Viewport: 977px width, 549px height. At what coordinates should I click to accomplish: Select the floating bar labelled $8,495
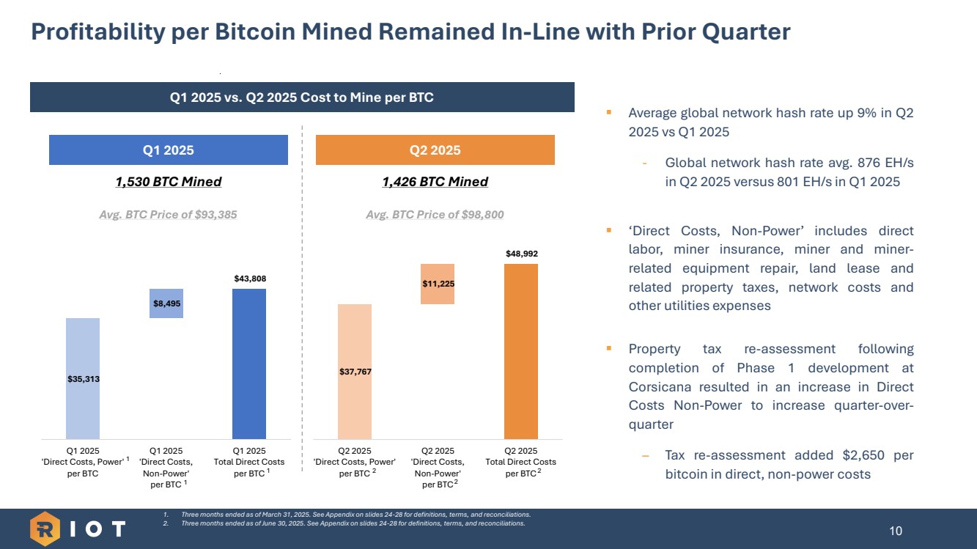[x=166, y=303]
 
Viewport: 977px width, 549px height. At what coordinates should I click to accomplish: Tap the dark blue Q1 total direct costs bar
[x=249, y=364]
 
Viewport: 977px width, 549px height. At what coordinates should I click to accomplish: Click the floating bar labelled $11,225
[x=438, y=284]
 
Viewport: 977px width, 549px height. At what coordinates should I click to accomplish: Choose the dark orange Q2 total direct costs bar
[x=521, y=351]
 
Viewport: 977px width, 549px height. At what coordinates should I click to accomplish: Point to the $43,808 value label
[x=249, y=279]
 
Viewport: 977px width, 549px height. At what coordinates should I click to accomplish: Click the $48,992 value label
[x=521, y=254]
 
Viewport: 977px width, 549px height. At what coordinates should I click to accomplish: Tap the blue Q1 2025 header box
[x=168, y=150]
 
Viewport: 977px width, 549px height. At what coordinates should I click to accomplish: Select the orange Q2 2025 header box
[x=435, y=150]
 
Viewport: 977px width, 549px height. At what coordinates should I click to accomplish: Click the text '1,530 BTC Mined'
[x=168, y=182]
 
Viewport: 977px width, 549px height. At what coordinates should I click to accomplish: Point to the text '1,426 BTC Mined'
[x=435, y=182]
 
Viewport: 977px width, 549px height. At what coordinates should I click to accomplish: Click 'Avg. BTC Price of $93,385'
[x=168, y=215]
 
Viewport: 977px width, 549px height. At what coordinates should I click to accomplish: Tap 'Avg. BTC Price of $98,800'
[x=435, y=215]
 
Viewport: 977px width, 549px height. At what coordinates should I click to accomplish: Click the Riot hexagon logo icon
[x=45, y=529]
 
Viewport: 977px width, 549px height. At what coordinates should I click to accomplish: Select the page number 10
[x=896, y=531]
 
